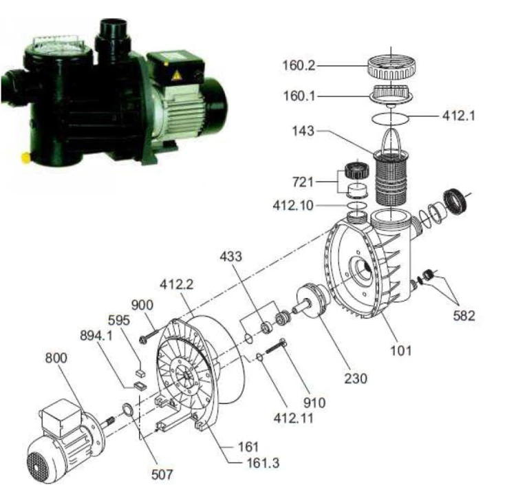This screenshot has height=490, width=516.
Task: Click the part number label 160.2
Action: tap(299, 65)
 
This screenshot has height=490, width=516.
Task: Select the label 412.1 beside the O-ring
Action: tap(459, 116)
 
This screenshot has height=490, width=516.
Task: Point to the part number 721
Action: tap(303, 182)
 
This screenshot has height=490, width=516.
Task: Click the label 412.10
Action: tap(293, 206)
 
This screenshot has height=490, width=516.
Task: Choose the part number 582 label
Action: tap(464, 316)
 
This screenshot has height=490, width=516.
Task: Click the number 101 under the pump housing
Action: tap(401, 350)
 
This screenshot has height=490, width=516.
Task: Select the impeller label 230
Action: tap(356, 379)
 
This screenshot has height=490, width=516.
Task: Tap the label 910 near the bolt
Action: tap(314, 403)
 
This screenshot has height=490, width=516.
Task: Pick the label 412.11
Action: tap(294, 418)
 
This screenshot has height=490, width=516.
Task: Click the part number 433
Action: tap(230, 256)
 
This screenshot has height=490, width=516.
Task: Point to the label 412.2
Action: tap(177, 284)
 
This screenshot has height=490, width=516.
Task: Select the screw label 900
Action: tap(142, 305)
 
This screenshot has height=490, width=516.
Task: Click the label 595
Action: tap(119, 320)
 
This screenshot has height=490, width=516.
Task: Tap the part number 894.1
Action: tap(96, 336)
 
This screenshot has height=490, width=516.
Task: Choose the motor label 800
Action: tap(56, 358)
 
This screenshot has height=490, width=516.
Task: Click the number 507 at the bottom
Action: tap(162, 475)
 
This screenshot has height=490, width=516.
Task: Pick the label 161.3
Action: tap(263, 463)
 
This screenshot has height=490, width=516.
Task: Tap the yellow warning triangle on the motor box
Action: tap(176, 76)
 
